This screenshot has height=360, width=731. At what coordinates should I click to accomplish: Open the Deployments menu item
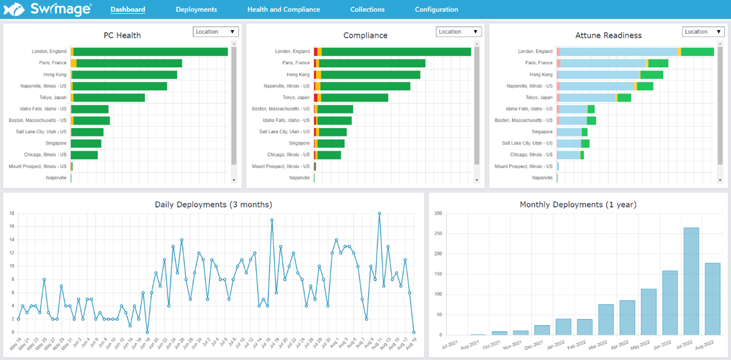click(x=196, y=9)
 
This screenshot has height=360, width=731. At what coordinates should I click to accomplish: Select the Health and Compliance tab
click(x=283, y=9)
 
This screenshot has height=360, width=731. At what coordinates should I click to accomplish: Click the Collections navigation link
click(x=367, y=9)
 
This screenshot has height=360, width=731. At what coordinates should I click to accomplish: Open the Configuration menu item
click(x=436, y=9)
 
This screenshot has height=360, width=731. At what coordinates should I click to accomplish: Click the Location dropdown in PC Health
click(x=216, y=32)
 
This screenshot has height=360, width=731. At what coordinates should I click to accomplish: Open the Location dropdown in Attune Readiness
click(x=703, y=32)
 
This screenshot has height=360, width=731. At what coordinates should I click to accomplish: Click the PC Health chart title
click(x=122, y=35)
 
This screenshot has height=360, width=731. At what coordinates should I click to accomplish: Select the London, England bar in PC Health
click(x=150, y=52)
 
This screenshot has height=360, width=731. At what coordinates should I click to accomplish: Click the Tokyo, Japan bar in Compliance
click(x=354, y=98)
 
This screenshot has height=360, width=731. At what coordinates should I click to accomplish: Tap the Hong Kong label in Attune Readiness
click(x=542, y=75)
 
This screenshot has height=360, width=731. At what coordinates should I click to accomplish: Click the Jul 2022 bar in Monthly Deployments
click(x=691, y=281)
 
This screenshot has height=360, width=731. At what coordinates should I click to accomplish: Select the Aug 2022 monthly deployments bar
click(x=712, y=299)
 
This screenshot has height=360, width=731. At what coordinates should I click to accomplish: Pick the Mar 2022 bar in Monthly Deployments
click(x=606, y=320)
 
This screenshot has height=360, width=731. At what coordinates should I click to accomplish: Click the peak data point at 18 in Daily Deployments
click(x=379, y=213)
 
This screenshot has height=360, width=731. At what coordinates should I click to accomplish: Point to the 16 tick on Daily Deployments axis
click(x=12, y=227)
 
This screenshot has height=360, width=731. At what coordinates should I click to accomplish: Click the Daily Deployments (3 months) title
click(x=213, y=205)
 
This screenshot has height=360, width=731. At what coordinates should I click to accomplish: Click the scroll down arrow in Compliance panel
click(x=476, y=180)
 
